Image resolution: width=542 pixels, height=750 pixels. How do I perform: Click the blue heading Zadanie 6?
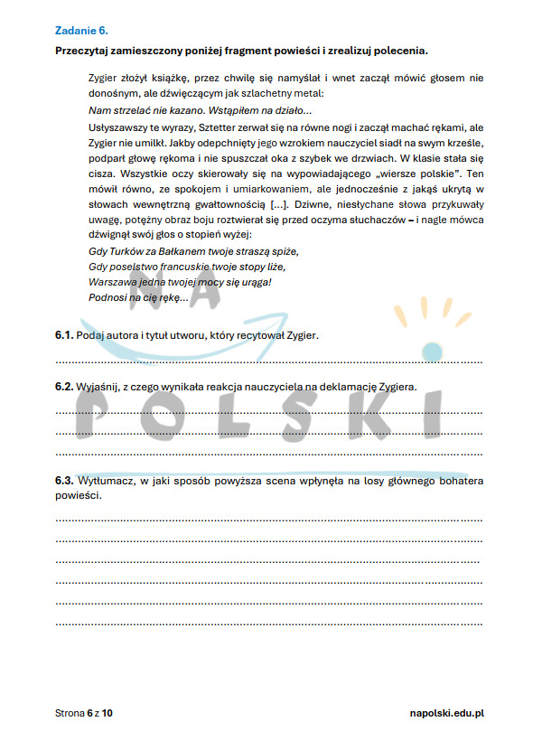(x=81, y=30)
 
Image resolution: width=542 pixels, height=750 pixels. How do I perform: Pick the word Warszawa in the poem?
(x=113, y=282)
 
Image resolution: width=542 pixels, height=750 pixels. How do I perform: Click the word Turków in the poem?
(x=129, y=251)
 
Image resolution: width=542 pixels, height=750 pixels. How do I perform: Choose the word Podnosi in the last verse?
(x=108, y=297)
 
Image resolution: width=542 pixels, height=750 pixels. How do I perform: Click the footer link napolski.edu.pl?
(x=447, y=714)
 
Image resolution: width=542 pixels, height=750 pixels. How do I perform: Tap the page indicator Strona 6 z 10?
(x=85, y=714)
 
